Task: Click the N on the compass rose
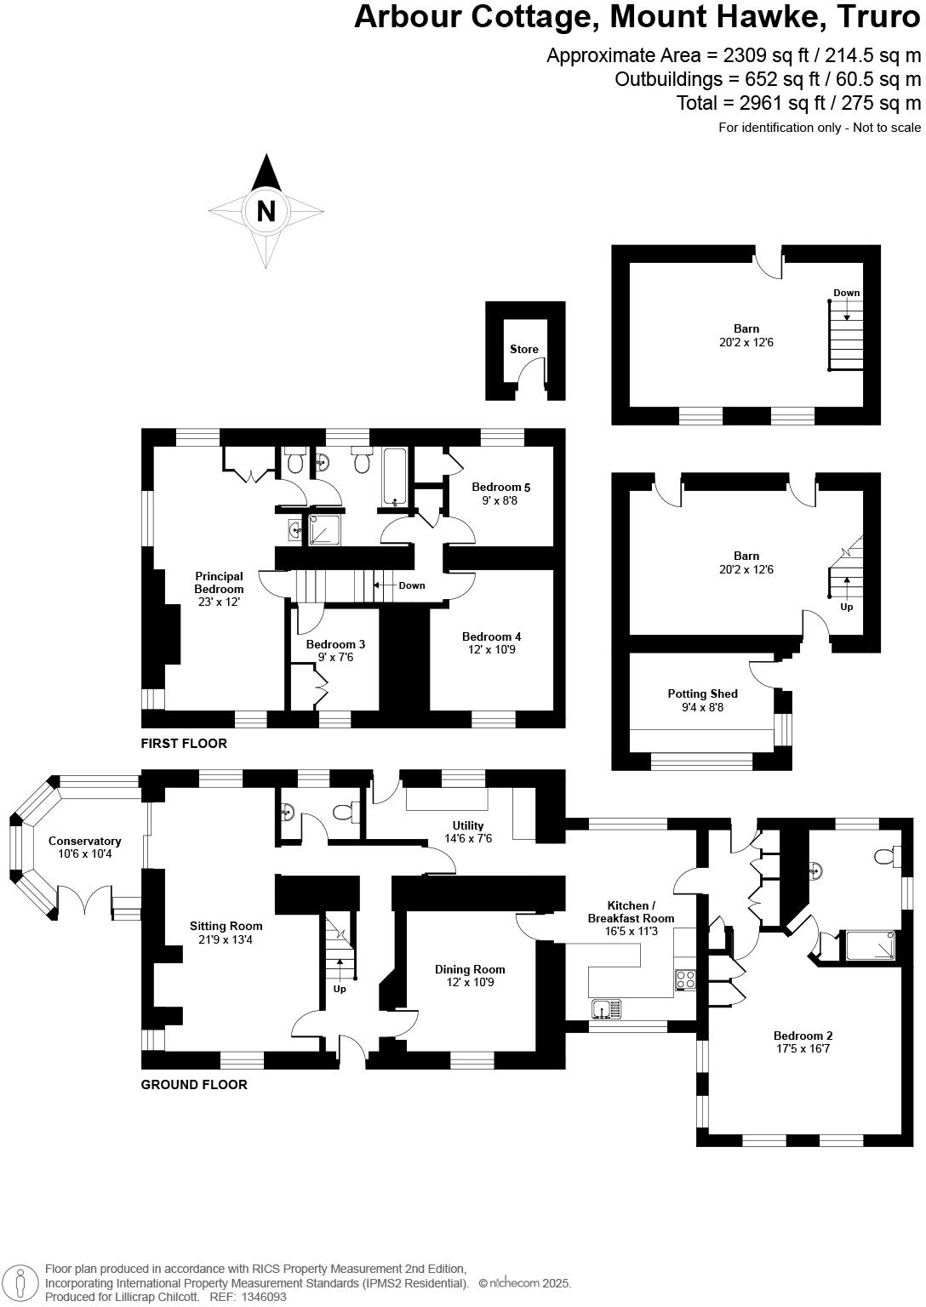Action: tap(266, 211)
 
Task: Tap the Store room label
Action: tap(524, 349)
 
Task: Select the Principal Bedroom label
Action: tap(219, 582)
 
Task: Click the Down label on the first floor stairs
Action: tap(412, 585)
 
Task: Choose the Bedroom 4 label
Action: tap(491, 636)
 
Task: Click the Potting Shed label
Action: tap(702, 693)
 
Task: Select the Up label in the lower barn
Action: tap(846, 607)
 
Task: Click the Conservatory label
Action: tap(84, 841)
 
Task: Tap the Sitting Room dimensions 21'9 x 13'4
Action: tap(226, 939)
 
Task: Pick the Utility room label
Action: tap(468, 825)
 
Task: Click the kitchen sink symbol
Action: tap(606, 1009)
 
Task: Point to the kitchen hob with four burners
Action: tap(685, 979)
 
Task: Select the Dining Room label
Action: tap(470, 969)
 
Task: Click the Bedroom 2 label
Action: tap(803, 1036)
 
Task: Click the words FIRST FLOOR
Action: tap(184, 744)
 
